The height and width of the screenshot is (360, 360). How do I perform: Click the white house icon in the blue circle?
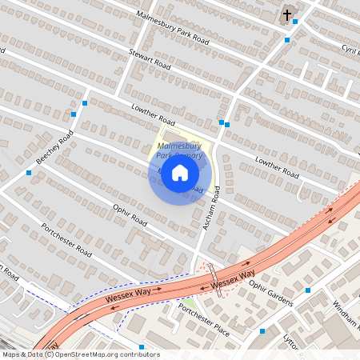click(x=180, y=173)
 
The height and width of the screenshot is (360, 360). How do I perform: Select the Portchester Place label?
click(x=204, y=321)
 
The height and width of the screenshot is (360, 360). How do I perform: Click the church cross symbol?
click(x=287, y=15)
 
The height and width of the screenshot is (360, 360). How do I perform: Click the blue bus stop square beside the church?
click(x=295, y=22)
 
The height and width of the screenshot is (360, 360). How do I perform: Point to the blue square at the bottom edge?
click(x=142, y=347)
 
